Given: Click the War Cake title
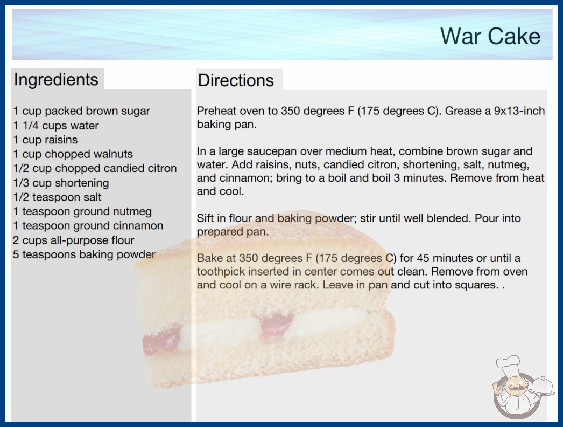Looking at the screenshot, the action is pos(490,36).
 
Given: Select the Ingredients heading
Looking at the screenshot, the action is pos(56,80).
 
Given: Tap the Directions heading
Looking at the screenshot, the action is pos(236,80).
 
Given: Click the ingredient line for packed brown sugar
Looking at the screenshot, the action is pos(81,111).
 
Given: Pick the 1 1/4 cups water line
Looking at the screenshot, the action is pos(55,126).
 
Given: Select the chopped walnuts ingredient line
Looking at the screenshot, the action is pos(73,154).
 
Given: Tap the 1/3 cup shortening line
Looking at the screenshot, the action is pos(61,183).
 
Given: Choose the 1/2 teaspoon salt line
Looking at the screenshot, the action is pos(57,197).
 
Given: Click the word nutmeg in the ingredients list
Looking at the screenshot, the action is pos(132,211).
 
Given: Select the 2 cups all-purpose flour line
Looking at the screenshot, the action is pos(74,240).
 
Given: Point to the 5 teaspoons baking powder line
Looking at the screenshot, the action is pos(84,254).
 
